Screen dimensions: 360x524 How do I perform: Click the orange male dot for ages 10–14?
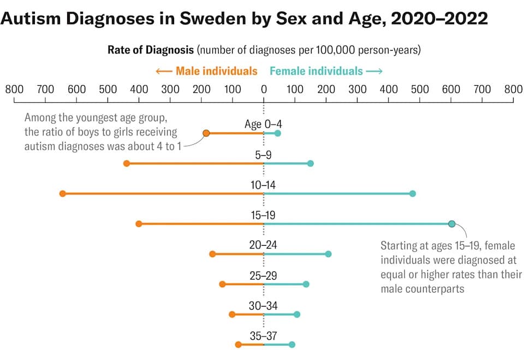63,193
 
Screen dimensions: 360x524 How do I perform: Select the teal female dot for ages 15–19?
451,224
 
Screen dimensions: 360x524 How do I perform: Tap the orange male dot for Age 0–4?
206,133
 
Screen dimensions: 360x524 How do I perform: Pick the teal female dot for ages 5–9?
311,163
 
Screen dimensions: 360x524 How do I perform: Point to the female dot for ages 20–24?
328,254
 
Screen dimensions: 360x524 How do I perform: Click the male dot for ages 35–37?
238,345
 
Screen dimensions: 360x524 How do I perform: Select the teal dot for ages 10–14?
413,193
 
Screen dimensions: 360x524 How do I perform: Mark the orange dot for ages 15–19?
139,224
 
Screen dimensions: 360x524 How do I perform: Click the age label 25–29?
263,275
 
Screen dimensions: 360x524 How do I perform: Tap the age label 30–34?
263,306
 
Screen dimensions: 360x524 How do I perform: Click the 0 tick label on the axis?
264,88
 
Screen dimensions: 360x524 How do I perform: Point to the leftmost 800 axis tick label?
14,88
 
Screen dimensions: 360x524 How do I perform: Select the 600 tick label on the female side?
451,88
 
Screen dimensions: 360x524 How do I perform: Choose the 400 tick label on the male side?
139,88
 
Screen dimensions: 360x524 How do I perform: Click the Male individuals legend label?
216,71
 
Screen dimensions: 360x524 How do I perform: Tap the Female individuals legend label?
316,71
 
